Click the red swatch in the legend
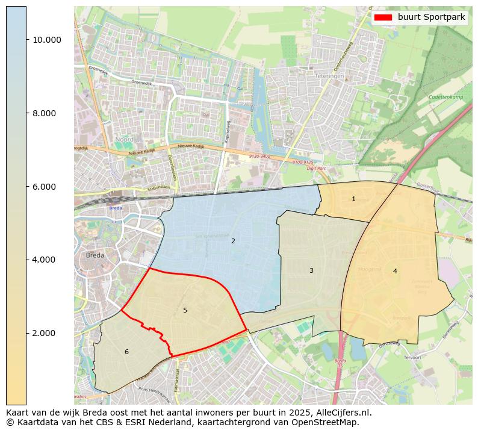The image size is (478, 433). pos(383,17)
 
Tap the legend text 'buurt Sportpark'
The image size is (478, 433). pos(431,17)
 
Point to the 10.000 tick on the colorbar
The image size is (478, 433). pos(47,40)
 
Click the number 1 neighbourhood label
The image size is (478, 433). pos(353,199)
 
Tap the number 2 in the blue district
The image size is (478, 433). pos(233,241)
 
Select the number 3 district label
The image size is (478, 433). pos(311,270)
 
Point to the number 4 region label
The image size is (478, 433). pos(395,271)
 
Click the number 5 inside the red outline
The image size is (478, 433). pos(185,310)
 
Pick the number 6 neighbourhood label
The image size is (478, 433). pos(126,352)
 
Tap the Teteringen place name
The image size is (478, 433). pos(328,76)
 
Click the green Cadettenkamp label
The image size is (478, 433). pos(446,96)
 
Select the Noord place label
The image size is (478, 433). pos(125,139)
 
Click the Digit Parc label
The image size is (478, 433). pos(316,168)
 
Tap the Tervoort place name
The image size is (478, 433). pos(413,357)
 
